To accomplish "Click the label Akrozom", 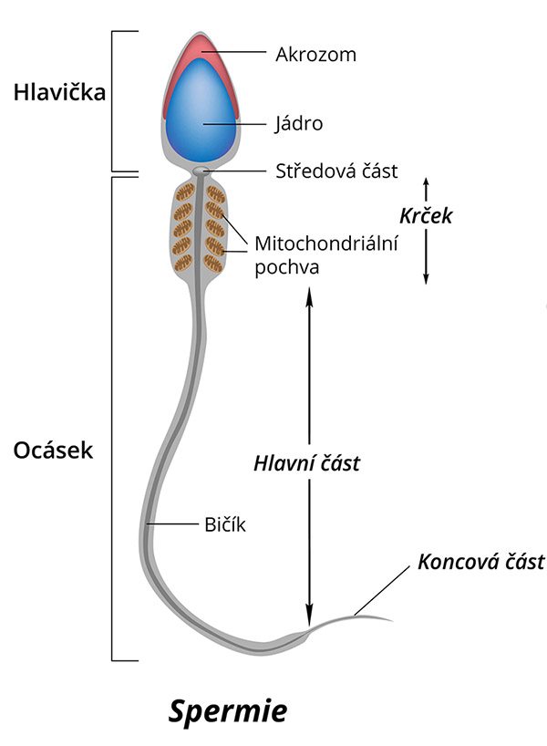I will tap(315, 55).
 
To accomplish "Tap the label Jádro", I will tap(299, 123).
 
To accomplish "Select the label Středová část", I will tap(336, 171).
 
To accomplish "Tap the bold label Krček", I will tap(426, 217).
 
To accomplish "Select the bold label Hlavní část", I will tap(307, 463).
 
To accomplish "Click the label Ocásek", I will tap(54, 451).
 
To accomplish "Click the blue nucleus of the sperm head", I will tap(202, 114).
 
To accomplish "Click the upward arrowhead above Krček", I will tap(426, 182).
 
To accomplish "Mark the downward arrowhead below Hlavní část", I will tap(309, 616).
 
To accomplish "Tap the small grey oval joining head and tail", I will tap(201, 171).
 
